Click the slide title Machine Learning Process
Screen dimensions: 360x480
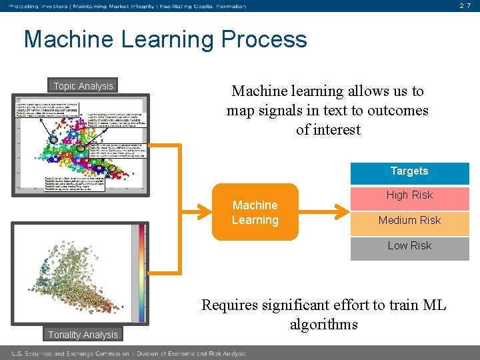165,39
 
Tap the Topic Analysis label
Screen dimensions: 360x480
83,86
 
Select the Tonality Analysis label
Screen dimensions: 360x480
83,335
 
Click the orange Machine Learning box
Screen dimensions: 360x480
255,213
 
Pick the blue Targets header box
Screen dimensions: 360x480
409,171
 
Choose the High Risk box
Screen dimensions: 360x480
409,195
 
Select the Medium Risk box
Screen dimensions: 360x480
409,221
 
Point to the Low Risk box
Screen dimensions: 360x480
409,246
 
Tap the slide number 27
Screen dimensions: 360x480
466,6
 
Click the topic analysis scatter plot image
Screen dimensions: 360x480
83,144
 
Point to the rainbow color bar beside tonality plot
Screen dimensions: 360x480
141,273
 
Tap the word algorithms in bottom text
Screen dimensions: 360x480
323,325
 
